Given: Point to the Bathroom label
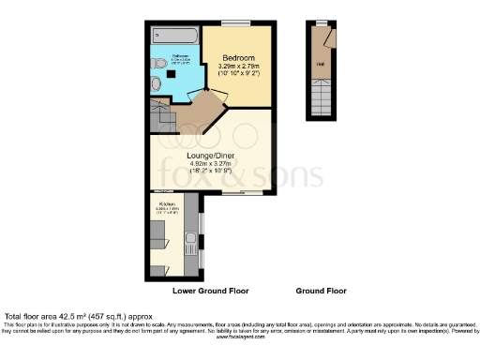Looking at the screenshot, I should (x=181, y=55).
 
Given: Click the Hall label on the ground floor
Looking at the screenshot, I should (x=320, y=65).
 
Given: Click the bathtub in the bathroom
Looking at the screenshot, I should (x=175, y=37).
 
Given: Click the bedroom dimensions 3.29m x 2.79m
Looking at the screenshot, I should (x=239, y=67).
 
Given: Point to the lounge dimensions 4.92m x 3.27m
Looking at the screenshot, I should (x=212, y=164).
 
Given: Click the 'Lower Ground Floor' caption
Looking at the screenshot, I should (x=210, y=291).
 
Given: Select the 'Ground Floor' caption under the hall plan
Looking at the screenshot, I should (x=320, y=291).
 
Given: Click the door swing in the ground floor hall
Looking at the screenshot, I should (x=324, y=37).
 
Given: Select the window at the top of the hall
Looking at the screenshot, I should (x=321, y=22).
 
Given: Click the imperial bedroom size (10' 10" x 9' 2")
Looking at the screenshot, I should (x=239, y=75).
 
